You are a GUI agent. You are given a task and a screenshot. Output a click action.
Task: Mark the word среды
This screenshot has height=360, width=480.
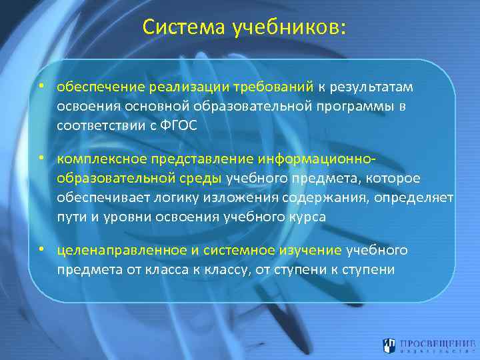coord(201,179)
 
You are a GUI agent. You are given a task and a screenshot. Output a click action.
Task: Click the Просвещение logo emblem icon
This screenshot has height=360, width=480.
coord(389,345)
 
